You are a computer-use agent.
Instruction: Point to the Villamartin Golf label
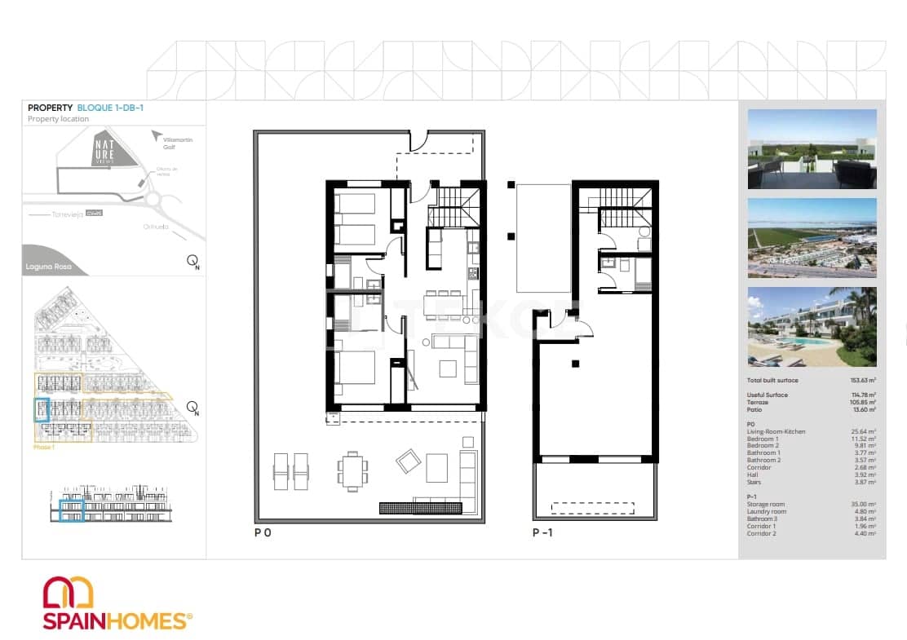179,143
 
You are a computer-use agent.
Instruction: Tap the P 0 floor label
263,533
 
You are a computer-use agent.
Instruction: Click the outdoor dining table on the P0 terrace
352,470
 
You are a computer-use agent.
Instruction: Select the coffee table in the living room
449,369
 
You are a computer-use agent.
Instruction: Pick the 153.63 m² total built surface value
863,381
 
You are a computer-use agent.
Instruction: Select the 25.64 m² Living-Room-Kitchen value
863,431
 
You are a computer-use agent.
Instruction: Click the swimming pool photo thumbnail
812,327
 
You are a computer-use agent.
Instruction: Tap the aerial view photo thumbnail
812,238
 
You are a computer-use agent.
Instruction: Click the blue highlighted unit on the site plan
42,409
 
